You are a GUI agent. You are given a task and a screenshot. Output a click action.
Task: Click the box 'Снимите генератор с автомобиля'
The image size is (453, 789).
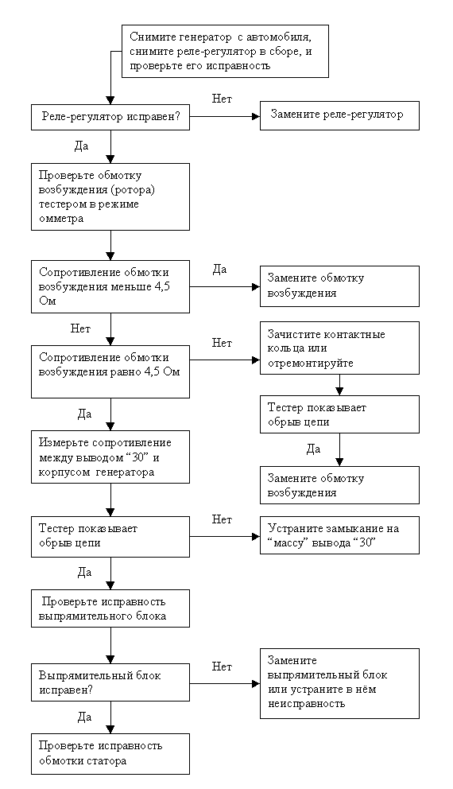pyautogui.click(x=225, y=52)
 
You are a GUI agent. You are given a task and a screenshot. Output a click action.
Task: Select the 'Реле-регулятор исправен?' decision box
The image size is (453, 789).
pyautogui.click(x=110, y=117)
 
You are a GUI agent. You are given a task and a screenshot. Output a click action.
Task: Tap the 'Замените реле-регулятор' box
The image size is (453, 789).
pyautogui.click(x=339, y=116)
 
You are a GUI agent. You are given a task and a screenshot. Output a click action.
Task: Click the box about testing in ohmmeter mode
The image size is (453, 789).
pyautogui.click(x=110, y=196)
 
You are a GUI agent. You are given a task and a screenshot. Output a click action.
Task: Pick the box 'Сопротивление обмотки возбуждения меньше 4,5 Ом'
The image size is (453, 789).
pyautogui.click(x=110, y=288)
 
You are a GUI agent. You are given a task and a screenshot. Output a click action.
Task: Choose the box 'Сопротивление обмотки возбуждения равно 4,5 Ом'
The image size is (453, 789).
pyautogui.click(x=110, y=372)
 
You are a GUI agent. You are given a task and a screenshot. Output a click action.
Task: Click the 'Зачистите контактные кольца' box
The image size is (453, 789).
pyautogui.click(x=339, y=348)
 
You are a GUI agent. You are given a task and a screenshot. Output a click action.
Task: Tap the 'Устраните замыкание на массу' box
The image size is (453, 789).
pyautogui.click(x=339, y=536)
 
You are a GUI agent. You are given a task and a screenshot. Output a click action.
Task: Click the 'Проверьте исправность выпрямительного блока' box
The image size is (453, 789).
pyautogui.click(x=110, y=609)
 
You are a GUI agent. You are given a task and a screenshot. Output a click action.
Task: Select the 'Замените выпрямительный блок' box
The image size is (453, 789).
pyautogui.click(x=339, y=683)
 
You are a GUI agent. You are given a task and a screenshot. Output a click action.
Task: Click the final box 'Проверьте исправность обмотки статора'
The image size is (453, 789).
pyautogui.click(x=110, y=753)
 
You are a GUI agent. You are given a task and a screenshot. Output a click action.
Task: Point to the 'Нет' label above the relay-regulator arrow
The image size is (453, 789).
pyautogui.click(x=222, y=99)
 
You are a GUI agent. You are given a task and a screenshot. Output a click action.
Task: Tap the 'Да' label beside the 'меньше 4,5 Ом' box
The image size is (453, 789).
pyautogui.click(x=219, y=270)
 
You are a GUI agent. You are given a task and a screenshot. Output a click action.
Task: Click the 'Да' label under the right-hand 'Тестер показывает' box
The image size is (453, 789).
pyautogui.click(x=313, y=449)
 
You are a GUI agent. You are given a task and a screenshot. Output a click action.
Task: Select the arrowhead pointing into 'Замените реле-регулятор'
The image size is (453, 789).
pyautogui.click(x=256, y=116)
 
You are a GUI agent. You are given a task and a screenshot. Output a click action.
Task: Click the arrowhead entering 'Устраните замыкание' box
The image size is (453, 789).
pyautogui.click(x=256, y=536)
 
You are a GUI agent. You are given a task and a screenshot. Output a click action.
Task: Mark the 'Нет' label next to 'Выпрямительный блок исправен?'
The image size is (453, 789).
pyautogui.click(x=222, y=667)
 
